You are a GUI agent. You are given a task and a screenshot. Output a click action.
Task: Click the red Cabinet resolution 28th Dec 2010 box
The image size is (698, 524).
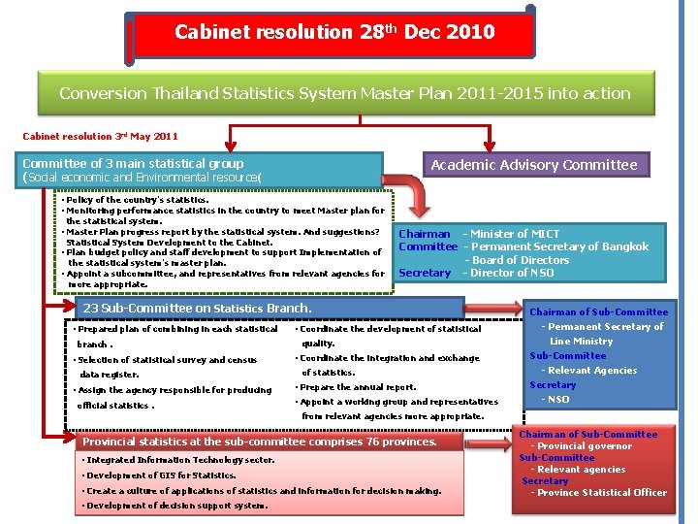(x=333, y=33)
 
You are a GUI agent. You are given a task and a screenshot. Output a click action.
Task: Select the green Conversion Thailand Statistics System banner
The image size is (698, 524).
(x=344, y=94)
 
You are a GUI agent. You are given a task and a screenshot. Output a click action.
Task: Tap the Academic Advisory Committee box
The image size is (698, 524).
(x=533, y=165)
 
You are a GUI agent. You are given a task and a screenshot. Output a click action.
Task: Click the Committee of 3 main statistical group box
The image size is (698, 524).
(x=203, y=171)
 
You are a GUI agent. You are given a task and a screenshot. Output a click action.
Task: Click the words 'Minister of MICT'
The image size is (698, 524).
(x=515, y=234)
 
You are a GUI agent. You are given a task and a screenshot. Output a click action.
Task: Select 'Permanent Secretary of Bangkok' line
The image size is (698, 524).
(x=559, y=246)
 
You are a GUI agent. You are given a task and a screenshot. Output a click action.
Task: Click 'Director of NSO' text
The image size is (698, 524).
(x=513, y=273)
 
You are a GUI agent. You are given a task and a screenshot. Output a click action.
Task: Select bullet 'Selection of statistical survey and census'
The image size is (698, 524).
(x=167, y=360)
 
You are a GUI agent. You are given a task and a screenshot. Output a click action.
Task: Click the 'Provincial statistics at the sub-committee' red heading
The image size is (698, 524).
(x=260, y=442)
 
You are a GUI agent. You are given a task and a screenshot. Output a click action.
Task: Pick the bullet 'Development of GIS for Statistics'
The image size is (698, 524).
(x=162, y=475)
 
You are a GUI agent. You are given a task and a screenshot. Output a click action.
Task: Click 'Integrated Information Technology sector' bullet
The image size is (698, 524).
(x=168, y=460)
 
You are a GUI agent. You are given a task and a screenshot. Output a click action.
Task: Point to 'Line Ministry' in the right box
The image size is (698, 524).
(x=582, y=342)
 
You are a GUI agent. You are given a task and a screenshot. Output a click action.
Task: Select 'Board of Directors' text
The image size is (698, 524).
(x=520, y=260)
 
